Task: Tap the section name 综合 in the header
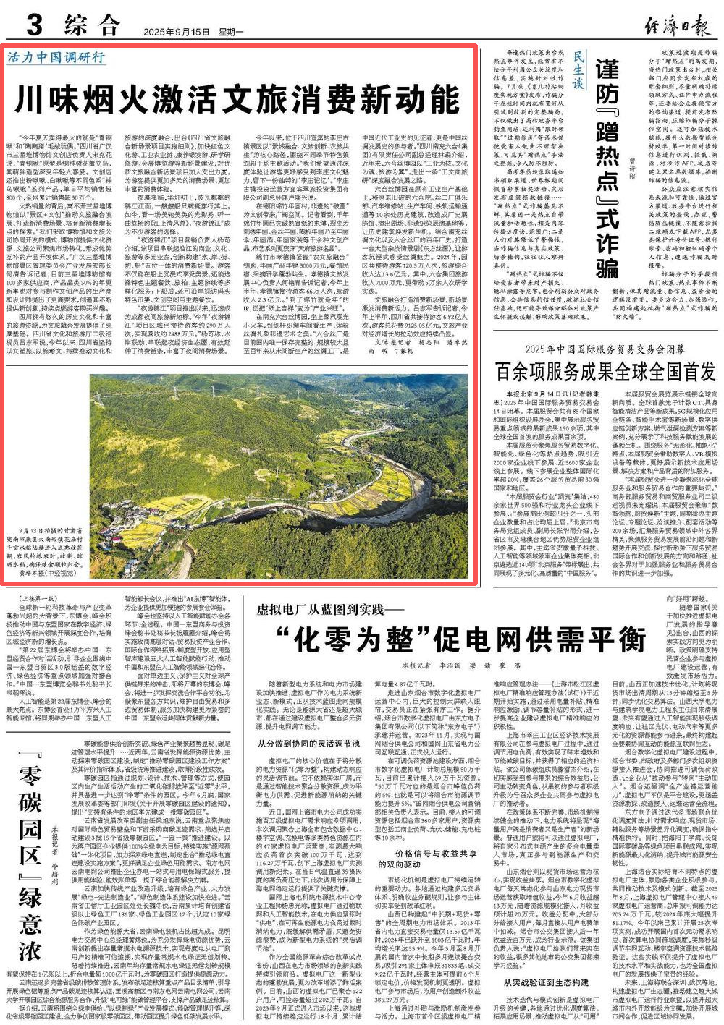pos(92,27)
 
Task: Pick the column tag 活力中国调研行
pos(57,57)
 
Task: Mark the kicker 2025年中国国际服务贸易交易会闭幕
pos(607,349)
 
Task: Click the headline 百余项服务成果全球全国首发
pos(606,372)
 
